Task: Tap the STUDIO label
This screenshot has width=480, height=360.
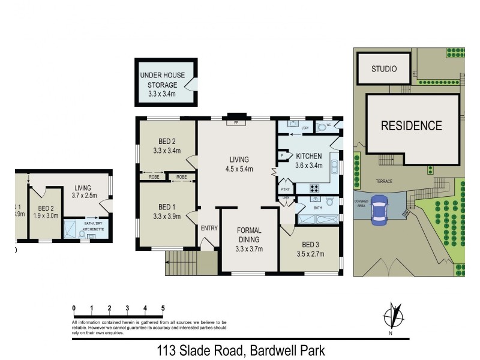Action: (383, 69)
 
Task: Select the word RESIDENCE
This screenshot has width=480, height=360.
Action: (411, 126)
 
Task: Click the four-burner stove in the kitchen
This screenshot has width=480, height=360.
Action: (316, 188)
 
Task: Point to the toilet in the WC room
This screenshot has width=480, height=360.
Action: (322, 127)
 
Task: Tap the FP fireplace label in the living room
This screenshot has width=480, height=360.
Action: (237, 123)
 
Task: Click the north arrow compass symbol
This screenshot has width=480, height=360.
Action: (392, 316)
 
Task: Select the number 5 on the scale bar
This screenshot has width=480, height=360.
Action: (163, 308)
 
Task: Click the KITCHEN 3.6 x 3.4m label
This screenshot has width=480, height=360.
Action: (309, 161)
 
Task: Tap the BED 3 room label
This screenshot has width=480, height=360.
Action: (310, 250)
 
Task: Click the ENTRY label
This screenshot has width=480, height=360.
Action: (209, 228)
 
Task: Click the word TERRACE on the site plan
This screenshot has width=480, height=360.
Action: (384, 180)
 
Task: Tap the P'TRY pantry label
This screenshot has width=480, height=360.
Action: (286, 190)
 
